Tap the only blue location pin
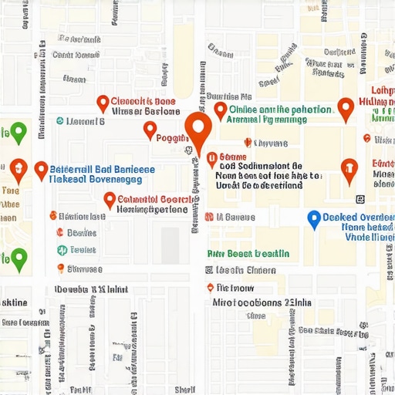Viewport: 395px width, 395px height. point(314,220)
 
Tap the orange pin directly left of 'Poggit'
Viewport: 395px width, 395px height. point(150,130)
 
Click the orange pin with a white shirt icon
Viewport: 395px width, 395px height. point(349,170)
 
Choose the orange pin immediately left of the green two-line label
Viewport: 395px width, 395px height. point(220,111)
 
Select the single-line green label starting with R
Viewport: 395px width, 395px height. point(248,253)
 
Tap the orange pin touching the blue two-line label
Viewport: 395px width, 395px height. point(41,170)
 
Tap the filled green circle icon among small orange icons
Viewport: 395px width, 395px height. point(62,250)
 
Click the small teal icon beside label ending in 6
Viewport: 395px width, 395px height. point(60,121)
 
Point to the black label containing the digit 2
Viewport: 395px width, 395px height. point(255,303)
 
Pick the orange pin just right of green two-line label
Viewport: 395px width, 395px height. point(346,110)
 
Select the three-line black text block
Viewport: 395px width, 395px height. point(259,175)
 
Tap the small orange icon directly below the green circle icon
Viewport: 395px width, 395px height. point(61,268)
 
